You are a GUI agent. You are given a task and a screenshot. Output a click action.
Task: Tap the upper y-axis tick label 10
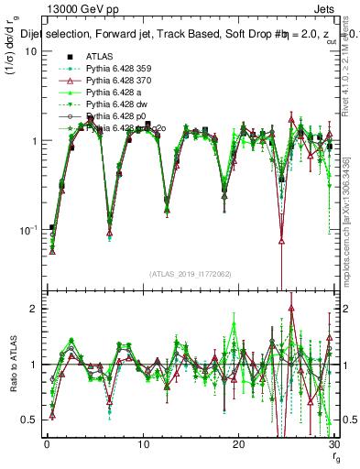click(x=29, y=51)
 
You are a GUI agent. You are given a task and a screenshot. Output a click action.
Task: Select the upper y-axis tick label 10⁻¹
click(x=27, y=229)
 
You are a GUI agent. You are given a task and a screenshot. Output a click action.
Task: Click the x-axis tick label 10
click(x=142, y=444)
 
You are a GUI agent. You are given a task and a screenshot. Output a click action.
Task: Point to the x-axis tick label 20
click(x=237, y=444)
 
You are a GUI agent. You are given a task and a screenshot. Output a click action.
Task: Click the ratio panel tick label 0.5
click(x=27, y=420)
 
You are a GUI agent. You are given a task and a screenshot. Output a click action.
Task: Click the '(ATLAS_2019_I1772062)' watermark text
click(x=190, y=274)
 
